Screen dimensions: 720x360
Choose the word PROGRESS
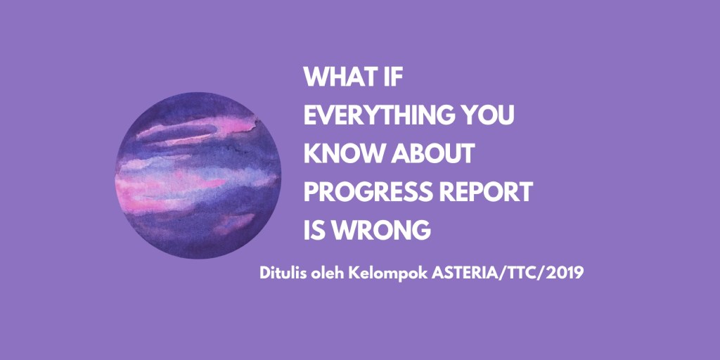click(365, 193)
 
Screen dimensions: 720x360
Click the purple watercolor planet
click(198, 175)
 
